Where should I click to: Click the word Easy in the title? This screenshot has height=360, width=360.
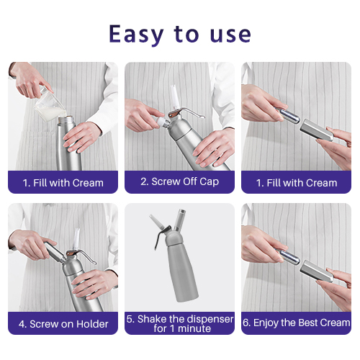(136, 35)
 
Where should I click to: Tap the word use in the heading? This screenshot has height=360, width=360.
(230, 35)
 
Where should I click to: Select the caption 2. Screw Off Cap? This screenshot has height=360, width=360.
(179, 181)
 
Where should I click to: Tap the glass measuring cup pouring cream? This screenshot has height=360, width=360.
(49, 106)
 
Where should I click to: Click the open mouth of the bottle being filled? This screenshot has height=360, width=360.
(66, 119)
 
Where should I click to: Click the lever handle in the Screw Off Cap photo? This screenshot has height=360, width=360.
(189, 113)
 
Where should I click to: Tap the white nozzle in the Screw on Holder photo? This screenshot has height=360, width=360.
(77, 239)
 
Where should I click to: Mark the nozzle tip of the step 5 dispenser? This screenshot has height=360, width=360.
(151, 217)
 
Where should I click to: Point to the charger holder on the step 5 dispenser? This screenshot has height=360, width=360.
(180, 220)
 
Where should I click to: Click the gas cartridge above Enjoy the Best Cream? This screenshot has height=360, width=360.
(289, 257)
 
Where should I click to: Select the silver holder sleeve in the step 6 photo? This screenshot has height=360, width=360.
(316, 271)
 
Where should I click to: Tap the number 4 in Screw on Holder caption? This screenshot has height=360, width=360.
(22, 324)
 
